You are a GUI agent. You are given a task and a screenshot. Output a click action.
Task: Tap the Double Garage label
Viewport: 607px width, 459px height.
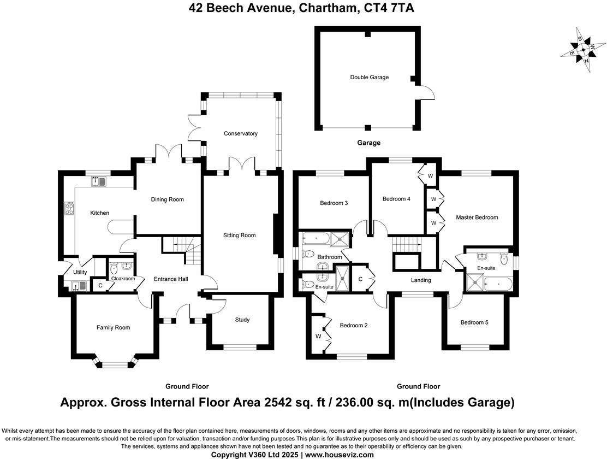[x=369, y=77]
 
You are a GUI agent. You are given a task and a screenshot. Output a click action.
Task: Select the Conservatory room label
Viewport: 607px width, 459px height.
[x=240, y=133]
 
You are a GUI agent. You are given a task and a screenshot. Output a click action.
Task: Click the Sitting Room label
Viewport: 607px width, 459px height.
[x=239, y=236]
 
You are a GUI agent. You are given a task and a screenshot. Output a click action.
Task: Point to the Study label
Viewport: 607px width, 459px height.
[x=242, y=320]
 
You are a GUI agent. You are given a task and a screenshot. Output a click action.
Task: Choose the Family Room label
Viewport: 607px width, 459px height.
[x=113, y=327]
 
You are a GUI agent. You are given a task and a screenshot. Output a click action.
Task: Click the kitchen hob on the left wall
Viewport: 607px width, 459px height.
[x=70, y=208]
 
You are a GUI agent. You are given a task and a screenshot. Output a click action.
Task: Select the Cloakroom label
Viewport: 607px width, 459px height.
[x=123, y=279]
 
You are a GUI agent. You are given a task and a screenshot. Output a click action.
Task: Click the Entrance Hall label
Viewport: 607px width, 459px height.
[x=170, y=279]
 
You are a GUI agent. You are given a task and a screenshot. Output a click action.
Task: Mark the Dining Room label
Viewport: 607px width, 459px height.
[x=167, y=199]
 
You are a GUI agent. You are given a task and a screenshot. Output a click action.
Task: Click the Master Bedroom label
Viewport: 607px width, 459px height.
[x=477, y=217]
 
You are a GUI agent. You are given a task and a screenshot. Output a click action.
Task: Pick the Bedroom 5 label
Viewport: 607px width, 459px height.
[x=474, y=322]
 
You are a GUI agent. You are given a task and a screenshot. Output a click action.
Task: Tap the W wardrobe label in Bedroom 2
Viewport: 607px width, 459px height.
[x=318, y=336]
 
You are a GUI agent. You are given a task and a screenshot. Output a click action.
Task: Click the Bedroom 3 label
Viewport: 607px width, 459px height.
[x=334, y=203]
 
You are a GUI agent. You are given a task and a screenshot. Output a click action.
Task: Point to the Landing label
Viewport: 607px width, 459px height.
[x=421, y=280]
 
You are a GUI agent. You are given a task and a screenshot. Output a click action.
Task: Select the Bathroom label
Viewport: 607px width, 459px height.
[x=329, y=257]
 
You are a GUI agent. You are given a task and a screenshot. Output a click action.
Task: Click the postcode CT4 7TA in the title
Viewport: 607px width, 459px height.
[x=392, y=8]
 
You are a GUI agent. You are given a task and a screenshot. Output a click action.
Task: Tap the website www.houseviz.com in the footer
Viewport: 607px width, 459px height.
[x=339, y=455]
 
